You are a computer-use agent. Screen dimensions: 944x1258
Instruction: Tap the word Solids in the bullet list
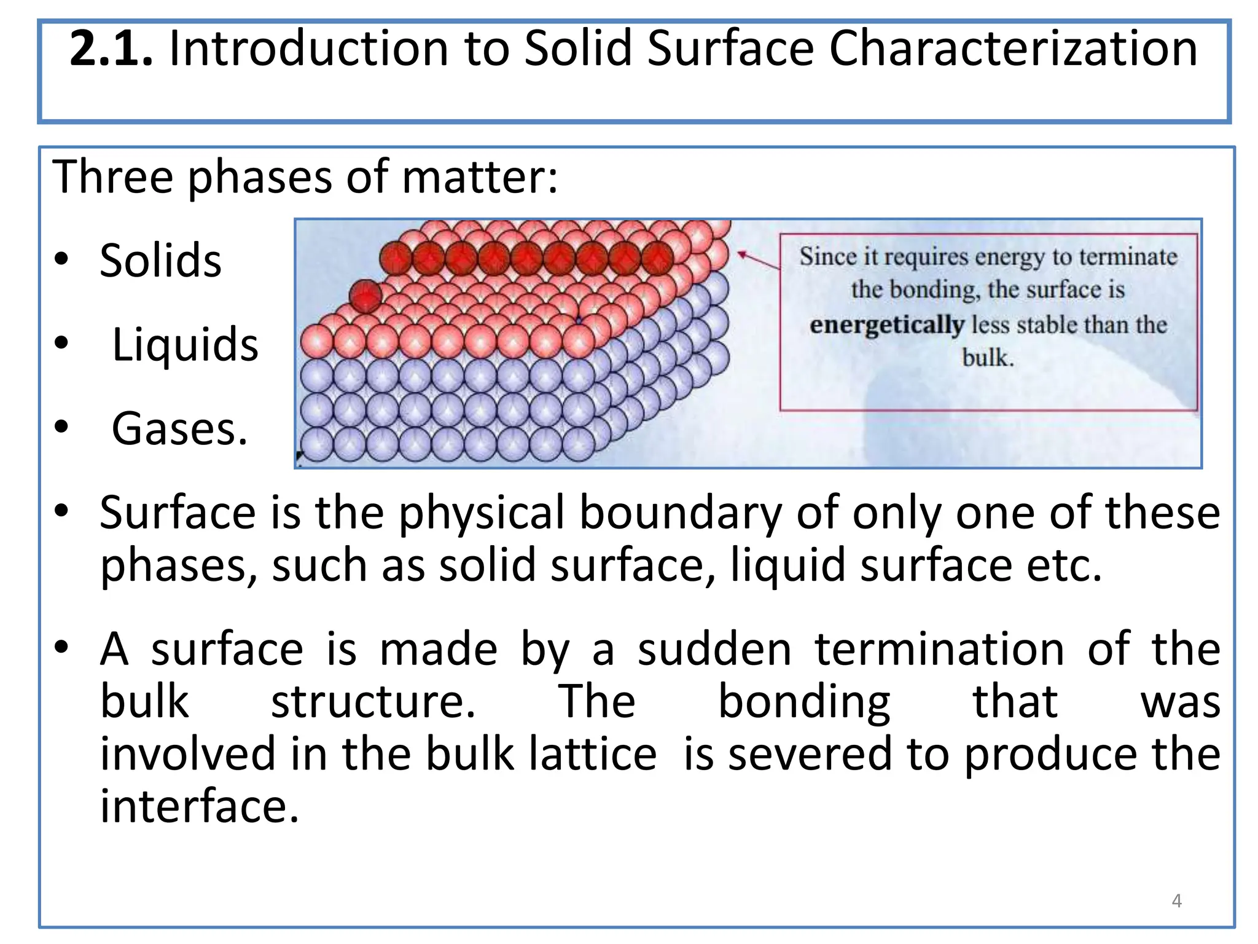(x=160, y=261)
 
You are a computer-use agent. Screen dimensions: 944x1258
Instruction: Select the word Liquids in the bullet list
(x=185, y=345)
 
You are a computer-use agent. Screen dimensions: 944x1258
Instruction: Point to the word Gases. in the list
(x=179, y=429)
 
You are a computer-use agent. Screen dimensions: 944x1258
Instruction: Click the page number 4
(x=1176, y=900)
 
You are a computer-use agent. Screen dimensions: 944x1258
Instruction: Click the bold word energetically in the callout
(x=886, y=324)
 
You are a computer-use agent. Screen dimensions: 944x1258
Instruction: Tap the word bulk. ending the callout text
(x=988, y=358)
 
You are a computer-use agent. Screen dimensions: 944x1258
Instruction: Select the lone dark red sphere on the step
(x=366, y=296)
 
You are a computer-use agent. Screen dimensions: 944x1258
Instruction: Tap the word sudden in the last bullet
(x=714, y=650)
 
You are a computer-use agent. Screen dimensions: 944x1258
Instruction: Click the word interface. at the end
(x=199, y=806)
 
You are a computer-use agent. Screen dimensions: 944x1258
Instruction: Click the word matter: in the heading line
(x=480, y=177)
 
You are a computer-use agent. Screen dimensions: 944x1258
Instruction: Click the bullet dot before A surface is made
(x=61, y=648)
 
